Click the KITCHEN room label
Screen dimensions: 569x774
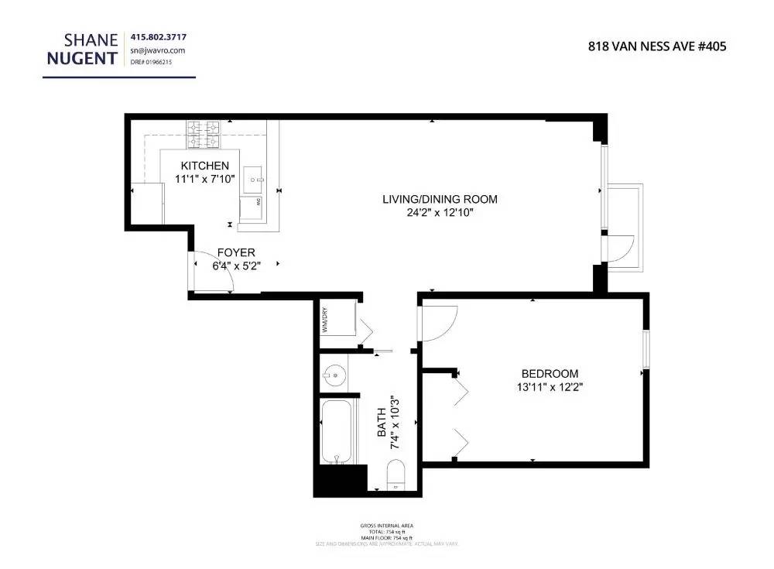pos(204,166)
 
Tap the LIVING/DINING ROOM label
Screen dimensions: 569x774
pos(440,199)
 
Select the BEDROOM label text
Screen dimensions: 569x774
pos(550,373)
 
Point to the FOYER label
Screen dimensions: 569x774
pos(235,252)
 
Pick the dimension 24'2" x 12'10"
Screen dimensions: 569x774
pos(440,212)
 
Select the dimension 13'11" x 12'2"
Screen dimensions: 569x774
pos(550,386)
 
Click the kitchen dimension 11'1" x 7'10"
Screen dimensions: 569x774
pos(204,179)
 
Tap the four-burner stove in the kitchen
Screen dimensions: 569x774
pos(203,135)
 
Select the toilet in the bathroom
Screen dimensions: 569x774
pos(395,474)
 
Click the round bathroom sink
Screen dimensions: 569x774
pos(334,376)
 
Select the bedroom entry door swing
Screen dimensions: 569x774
pos(437,322)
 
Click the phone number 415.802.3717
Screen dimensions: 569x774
pos(158,37)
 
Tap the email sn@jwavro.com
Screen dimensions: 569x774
pos(156,50)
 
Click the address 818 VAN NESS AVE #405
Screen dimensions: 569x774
pos(657,46)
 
